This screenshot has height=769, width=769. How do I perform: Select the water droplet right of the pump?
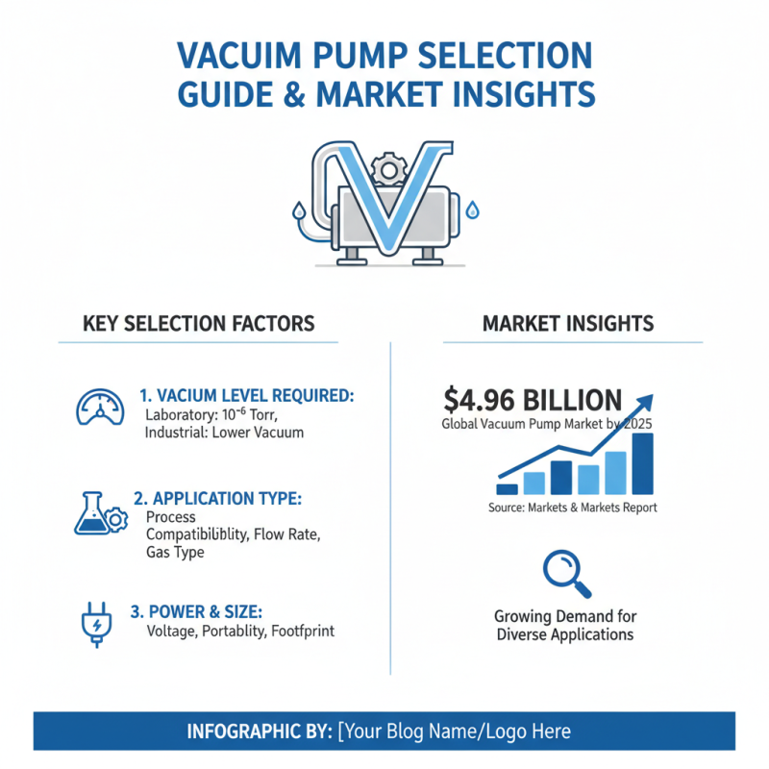point(472,209)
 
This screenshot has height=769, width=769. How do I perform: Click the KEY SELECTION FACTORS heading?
point(199,323)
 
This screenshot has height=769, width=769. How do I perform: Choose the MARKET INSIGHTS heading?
point(568,323)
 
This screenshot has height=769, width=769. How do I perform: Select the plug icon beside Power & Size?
point(93,621)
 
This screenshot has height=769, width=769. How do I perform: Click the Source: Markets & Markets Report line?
point(573,508)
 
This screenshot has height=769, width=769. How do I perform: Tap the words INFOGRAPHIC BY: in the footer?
point(259,732)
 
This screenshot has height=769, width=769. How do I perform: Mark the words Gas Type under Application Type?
point(175,554)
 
